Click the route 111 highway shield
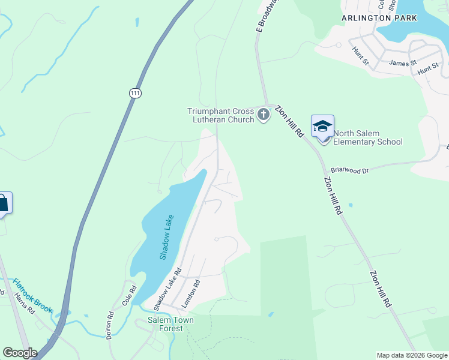coord(135,92)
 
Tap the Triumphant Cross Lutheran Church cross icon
coord(263,114)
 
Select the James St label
coord(403,63)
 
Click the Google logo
coord(20,353)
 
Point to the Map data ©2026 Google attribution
coord(411,355)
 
